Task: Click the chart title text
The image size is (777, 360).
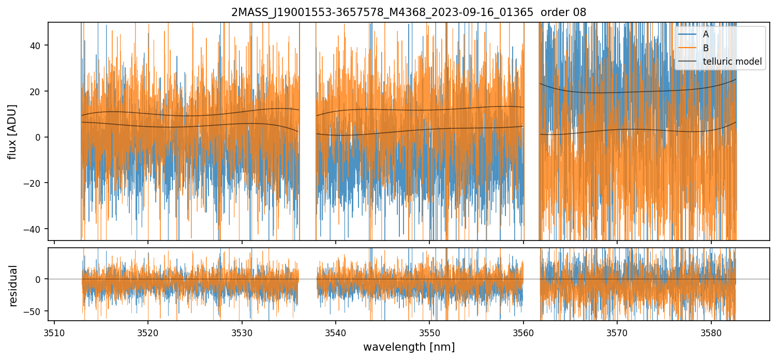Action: click(x=409, y=12)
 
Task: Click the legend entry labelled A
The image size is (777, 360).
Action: click(x=706, y=34)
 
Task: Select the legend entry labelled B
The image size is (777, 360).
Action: click(x=706, y=48)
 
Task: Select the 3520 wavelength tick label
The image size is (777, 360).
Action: click(x=148, y=332)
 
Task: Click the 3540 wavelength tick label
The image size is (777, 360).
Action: click(x=336, y=332)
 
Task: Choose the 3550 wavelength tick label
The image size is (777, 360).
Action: click(x=429, y=332)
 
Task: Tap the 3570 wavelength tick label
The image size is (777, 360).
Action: click(x=617, y=332)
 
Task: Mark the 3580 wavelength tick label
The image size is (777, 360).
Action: click(x=711, y=332)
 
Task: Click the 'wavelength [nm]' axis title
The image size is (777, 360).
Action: click(x=409, y=347)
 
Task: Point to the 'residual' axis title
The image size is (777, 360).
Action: click(x=13, y=285)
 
